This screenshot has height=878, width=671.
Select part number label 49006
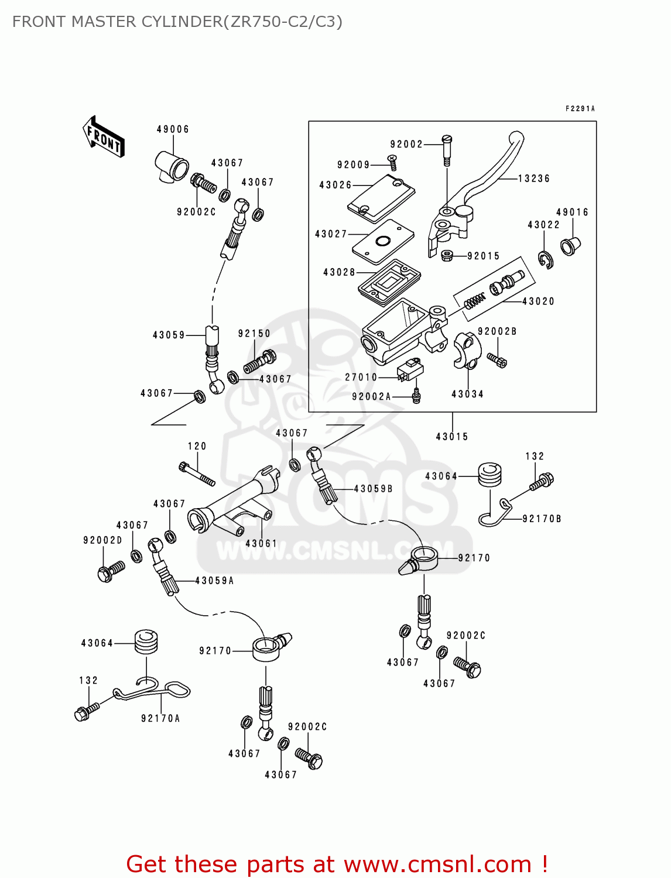tap(173, 129)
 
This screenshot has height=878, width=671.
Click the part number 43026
tap(335, 185)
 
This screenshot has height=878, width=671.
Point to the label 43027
tap(331, 234)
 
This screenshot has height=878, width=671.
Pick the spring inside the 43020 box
tap(474, 301)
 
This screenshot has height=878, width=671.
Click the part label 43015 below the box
tap(452, 437)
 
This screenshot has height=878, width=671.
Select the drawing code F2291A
tap(580, 109)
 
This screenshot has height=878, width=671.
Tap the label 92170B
tap(542, 519)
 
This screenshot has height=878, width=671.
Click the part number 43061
tap(261, 543)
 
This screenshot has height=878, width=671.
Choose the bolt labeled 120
tap(197, 473)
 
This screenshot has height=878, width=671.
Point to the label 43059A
tap(214, 581)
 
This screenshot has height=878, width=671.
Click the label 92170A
tap(160, 718)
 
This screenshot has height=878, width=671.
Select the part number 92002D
tap(102, 540)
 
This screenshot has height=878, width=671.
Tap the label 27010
tap(361, 378)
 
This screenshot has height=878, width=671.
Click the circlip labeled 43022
tap(546, 259)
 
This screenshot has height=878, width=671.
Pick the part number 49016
tap(572, 212)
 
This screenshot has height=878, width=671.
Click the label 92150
tap(254, 334)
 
